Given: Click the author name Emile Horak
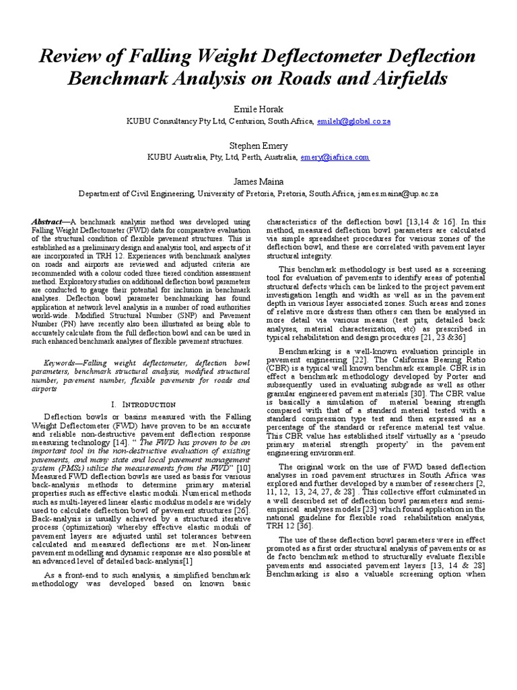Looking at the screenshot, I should (258, 110).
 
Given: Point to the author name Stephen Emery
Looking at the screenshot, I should (258, 146).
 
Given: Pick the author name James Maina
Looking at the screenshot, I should (258, 181).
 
